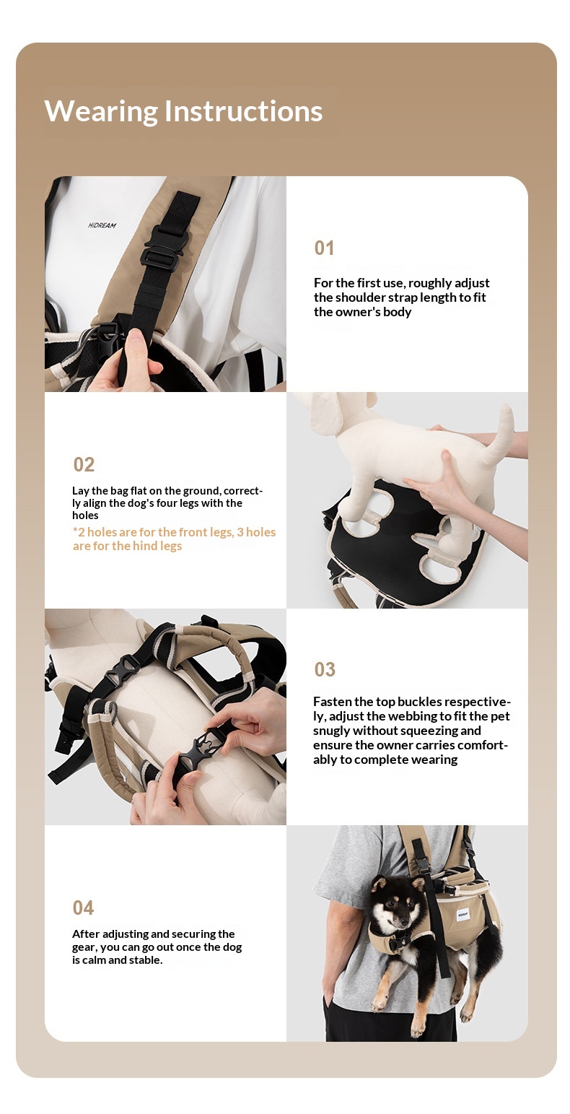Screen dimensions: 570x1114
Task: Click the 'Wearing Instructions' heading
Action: (x=183, y=111)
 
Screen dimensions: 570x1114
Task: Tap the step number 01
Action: (x=324, y=248)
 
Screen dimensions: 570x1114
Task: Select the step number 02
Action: (x=84, y=464)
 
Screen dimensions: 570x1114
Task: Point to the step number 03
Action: (x=325, y=669)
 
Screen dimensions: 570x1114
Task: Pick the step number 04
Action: (x=83, y=908)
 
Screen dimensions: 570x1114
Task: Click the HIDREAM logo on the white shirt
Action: (x=102, y=225)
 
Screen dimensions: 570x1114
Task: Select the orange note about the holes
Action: (x=174, y=539)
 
